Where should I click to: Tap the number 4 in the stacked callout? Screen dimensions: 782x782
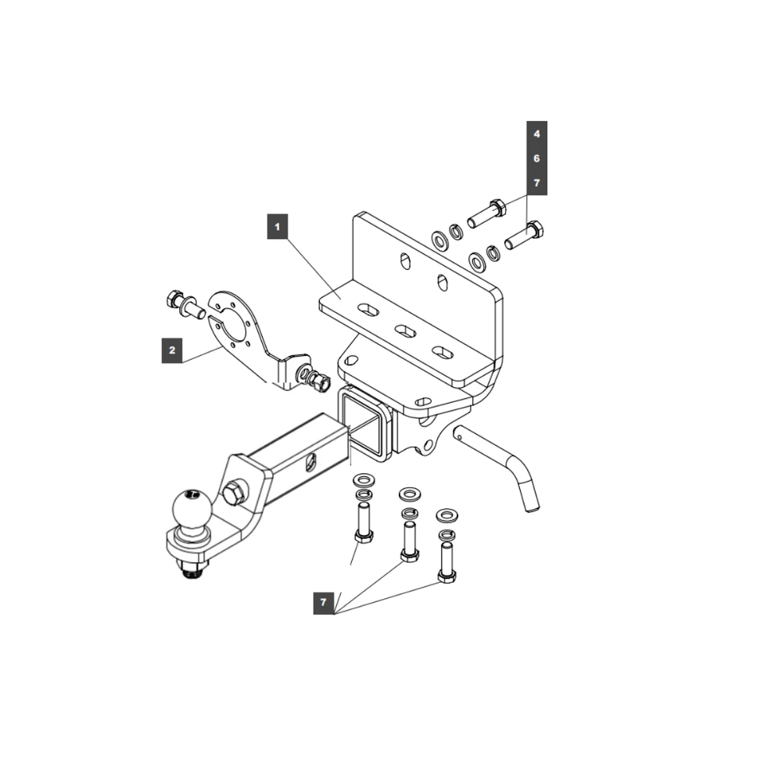coord(536,134)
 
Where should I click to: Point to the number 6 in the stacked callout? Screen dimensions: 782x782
coord(536,158)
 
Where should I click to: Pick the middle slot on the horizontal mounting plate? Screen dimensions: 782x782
coord(405,332)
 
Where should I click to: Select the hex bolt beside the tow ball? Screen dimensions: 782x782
coord(234,493)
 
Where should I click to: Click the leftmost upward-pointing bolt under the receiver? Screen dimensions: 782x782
coord(363,522)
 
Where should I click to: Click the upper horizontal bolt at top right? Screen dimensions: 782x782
coord(486,212)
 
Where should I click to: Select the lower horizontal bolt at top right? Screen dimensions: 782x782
coord(525,235)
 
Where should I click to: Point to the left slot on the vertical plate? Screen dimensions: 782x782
coord(405,261)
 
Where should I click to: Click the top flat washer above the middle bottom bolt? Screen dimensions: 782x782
coord(407,494)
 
